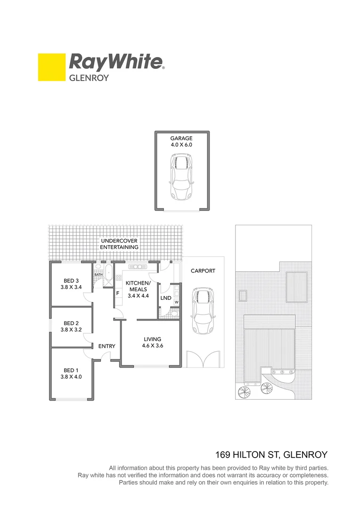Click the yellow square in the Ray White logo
click(x=51, y=67)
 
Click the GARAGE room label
click(x=181, y=139)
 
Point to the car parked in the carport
click(x=203, y=312)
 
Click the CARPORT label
click(x=203, y=271)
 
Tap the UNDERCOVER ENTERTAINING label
click(x=119, y=244)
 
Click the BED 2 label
click(x=71, y=323)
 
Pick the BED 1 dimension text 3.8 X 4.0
click(x=71, y=377)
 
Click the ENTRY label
click(x=106, y=346)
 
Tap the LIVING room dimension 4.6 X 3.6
click(x=153, y=345)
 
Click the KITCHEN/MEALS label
click(x=137, y=286)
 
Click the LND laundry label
click(x=165, y=298)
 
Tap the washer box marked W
click(x=176, y=302)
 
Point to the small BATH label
click(x=98, y=275)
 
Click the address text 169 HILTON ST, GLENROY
click(x=271, y=455)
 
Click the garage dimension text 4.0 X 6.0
click(x=181, y=145)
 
